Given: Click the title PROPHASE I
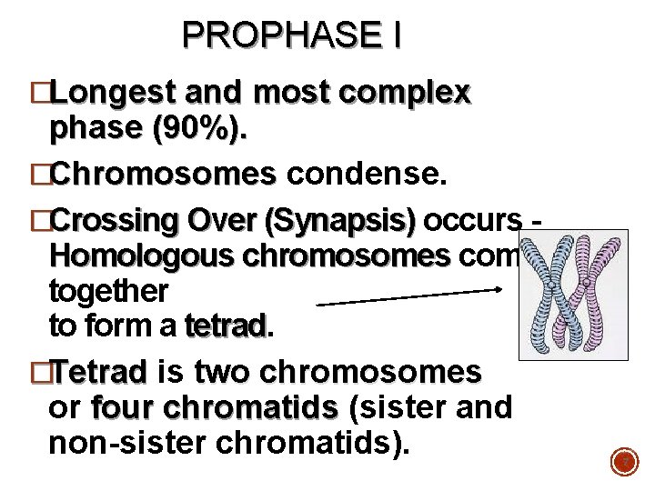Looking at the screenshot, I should (291, 35).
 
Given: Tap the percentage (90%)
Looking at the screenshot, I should (201, 130).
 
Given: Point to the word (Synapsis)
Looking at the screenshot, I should (338, 222).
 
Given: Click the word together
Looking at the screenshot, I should (108, 290).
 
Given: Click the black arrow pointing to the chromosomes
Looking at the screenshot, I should (409, 296).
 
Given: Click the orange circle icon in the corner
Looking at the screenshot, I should (624, 463).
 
